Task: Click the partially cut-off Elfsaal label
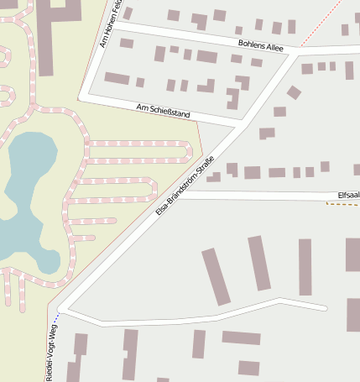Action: (347, 195)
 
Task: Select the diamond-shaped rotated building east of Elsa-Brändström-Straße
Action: (294, 92)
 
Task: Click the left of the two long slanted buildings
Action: (216, 276)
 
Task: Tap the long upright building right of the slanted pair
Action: (305, 267)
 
